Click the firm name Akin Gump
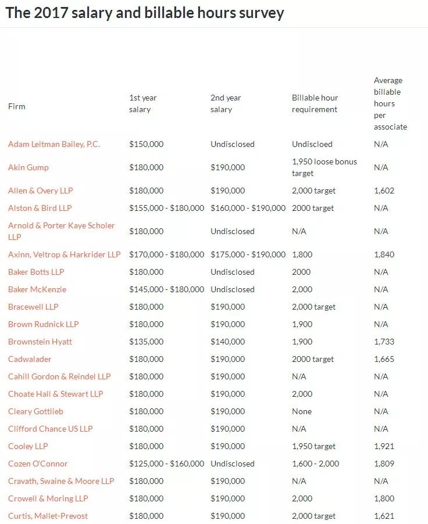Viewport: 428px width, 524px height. pos(28,167)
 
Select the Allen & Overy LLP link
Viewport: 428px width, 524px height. pos(41,191)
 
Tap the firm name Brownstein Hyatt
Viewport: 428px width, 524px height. pos(40,342)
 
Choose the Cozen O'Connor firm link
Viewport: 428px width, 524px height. pos(38,464)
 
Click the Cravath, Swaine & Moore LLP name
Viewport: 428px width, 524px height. pos(61,481)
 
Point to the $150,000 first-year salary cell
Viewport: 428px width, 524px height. pos(147,144)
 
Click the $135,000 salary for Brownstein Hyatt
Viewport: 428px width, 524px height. pos(147,342)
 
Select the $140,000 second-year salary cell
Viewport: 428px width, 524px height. pos(228,342)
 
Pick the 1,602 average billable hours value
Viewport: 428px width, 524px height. pos(384,191)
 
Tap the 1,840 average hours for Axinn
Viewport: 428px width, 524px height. pos(384,254)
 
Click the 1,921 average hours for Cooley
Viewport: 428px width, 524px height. pos(384,446)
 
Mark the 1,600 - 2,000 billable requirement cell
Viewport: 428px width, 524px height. pos(316,464)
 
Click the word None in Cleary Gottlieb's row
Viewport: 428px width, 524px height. pos(302,411)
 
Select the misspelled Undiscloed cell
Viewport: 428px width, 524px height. pos(312,144)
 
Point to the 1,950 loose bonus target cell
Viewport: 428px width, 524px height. pos(324,167)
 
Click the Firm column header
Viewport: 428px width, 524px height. pos(17,106)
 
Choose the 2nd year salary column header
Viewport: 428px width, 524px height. pos(226,103)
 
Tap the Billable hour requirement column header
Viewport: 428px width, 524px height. pos(315,103)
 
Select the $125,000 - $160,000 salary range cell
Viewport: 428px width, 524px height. pos(167,464)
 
